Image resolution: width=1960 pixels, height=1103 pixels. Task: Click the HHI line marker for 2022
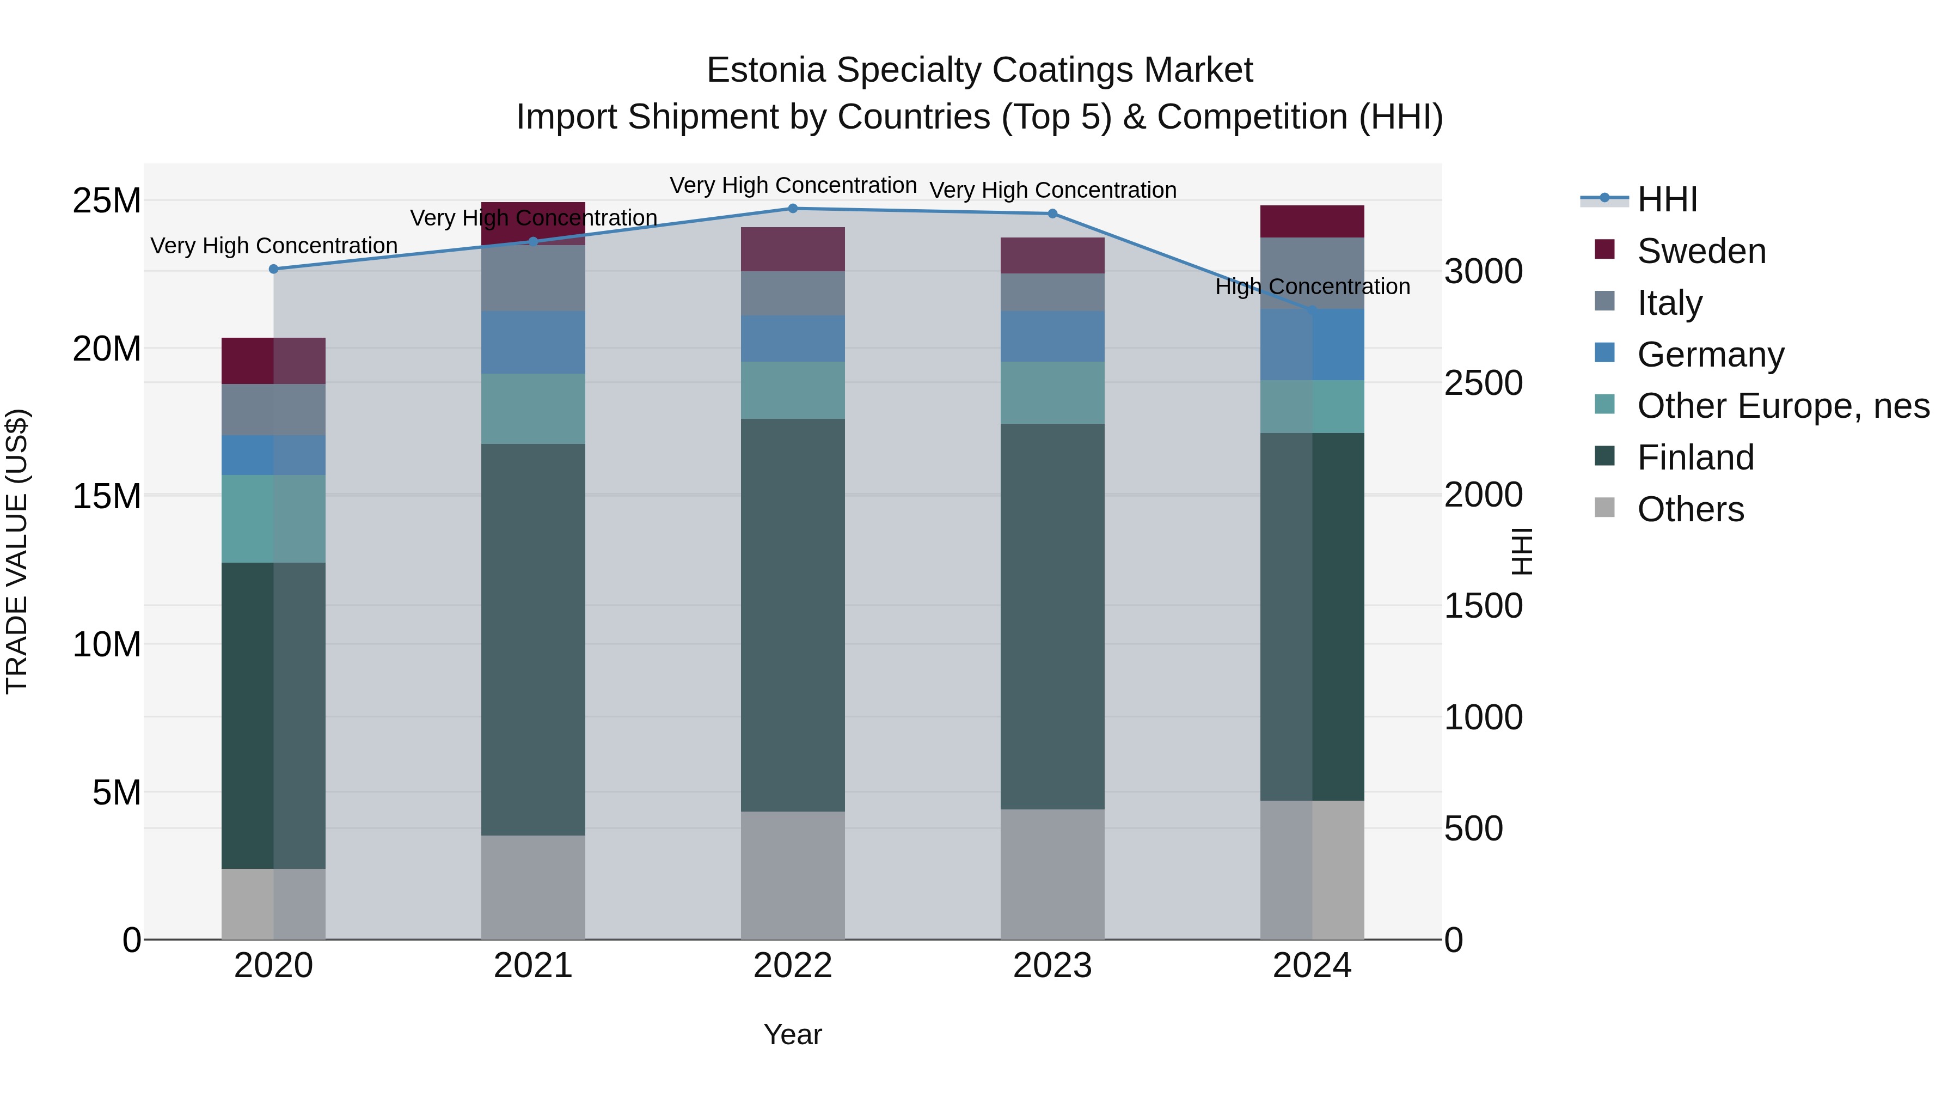coord(792,209)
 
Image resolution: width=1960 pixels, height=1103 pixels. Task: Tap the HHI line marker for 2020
coord(274,269)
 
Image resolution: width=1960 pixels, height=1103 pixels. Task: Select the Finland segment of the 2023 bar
coord(1052,617)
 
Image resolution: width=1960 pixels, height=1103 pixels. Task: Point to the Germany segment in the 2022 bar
coord(792,339)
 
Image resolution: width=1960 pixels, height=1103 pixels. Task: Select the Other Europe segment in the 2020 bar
coord(273,519)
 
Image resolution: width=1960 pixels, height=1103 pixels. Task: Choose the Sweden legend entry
coord(1700,251)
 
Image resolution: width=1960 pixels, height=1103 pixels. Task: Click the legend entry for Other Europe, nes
coord(1783,406)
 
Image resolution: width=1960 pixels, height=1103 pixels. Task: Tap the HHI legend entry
coord(1667,199)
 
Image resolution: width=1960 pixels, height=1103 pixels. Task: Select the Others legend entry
coord(1690,509)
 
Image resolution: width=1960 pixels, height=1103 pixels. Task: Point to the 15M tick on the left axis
coord(107,496)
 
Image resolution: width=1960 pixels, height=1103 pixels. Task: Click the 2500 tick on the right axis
coord(1483,383)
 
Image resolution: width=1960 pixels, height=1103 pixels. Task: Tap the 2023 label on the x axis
coord(1052,966)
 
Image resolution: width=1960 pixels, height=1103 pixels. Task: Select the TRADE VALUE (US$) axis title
coord(17,551)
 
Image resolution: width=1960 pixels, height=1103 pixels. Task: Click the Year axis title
coord(792,1034)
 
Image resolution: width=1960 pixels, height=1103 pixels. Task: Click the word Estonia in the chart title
coord(765,70)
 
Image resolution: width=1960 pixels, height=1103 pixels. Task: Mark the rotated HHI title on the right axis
coord(1521,551)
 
